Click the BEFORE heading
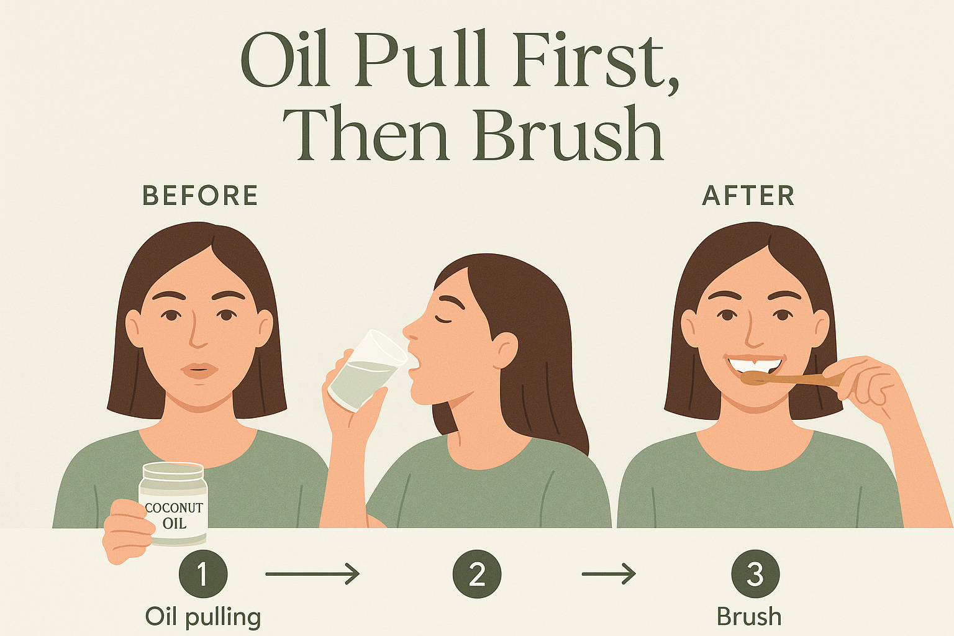200,196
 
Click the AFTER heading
748,196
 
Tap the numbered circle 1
203,574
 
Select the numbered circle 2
477,574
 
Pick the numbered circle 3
755,574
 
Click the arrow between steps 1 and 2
312,574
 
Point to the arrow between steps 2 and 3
609,574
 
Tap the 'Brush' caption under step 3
749,616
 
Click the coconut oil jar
173,504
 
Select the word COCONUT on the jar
174,508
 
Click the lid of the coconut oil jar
173,471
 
